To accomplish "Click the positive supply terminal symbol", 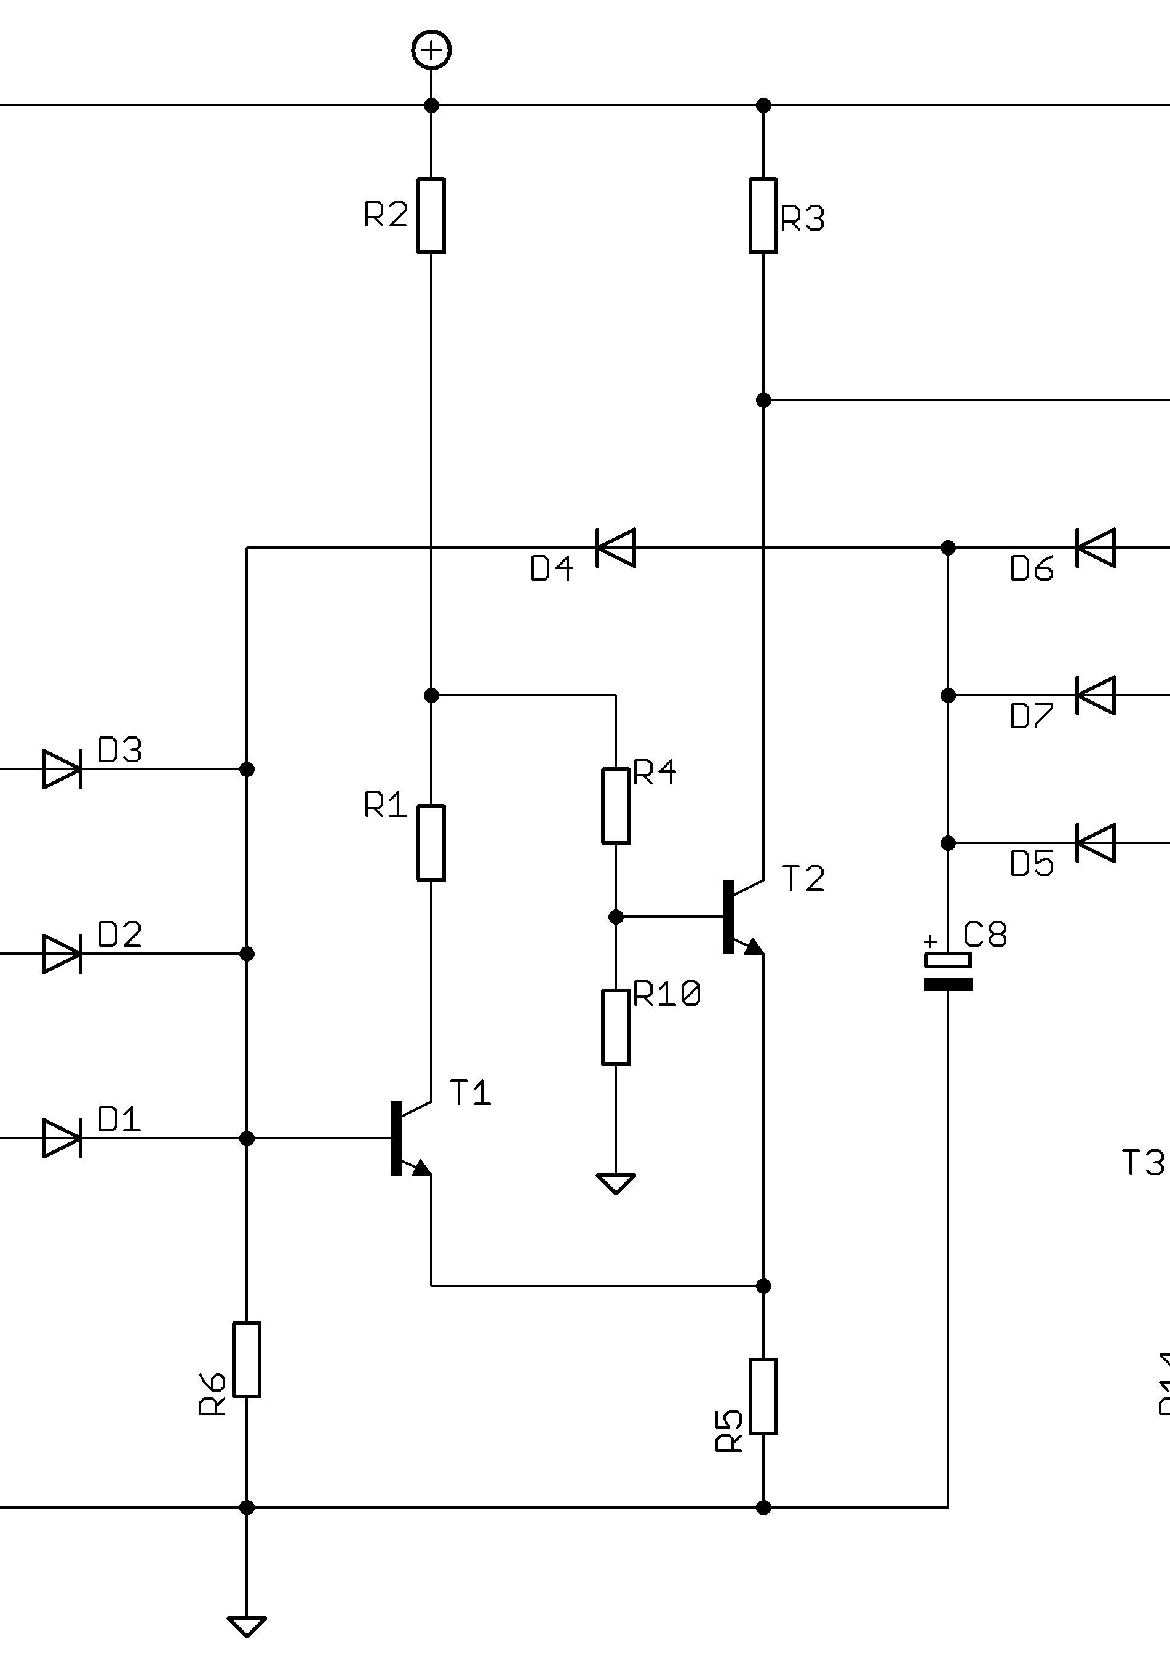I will tap(431, 50).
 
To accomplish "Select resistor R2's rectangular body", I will tap(431, 215).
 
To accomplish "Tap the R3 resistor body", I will tap(763, 215).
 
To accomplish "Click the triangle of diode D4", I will tap(616, 548).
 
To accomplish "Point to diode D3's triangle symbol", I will tap(62, 769).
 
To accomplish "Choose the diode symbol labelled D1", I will tap(62, 1138).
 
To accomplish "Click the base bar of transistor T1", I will tap(396, 1138).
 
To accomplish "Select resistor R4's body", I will tap(615, 806).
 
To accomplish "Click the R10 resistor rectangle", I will tap(615, 1027).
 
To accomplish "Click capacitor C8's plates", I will tap(947, 971).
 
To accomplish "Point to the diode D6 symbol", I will tap(1096, 548).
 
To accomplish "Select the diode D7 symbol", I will tap(1096, 695).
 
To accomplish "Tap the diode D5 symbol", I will tap(1096, 843).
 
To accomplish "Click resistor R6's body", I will tap(246, 1360).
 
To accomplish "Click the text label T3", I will tap(1142, 1163).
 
